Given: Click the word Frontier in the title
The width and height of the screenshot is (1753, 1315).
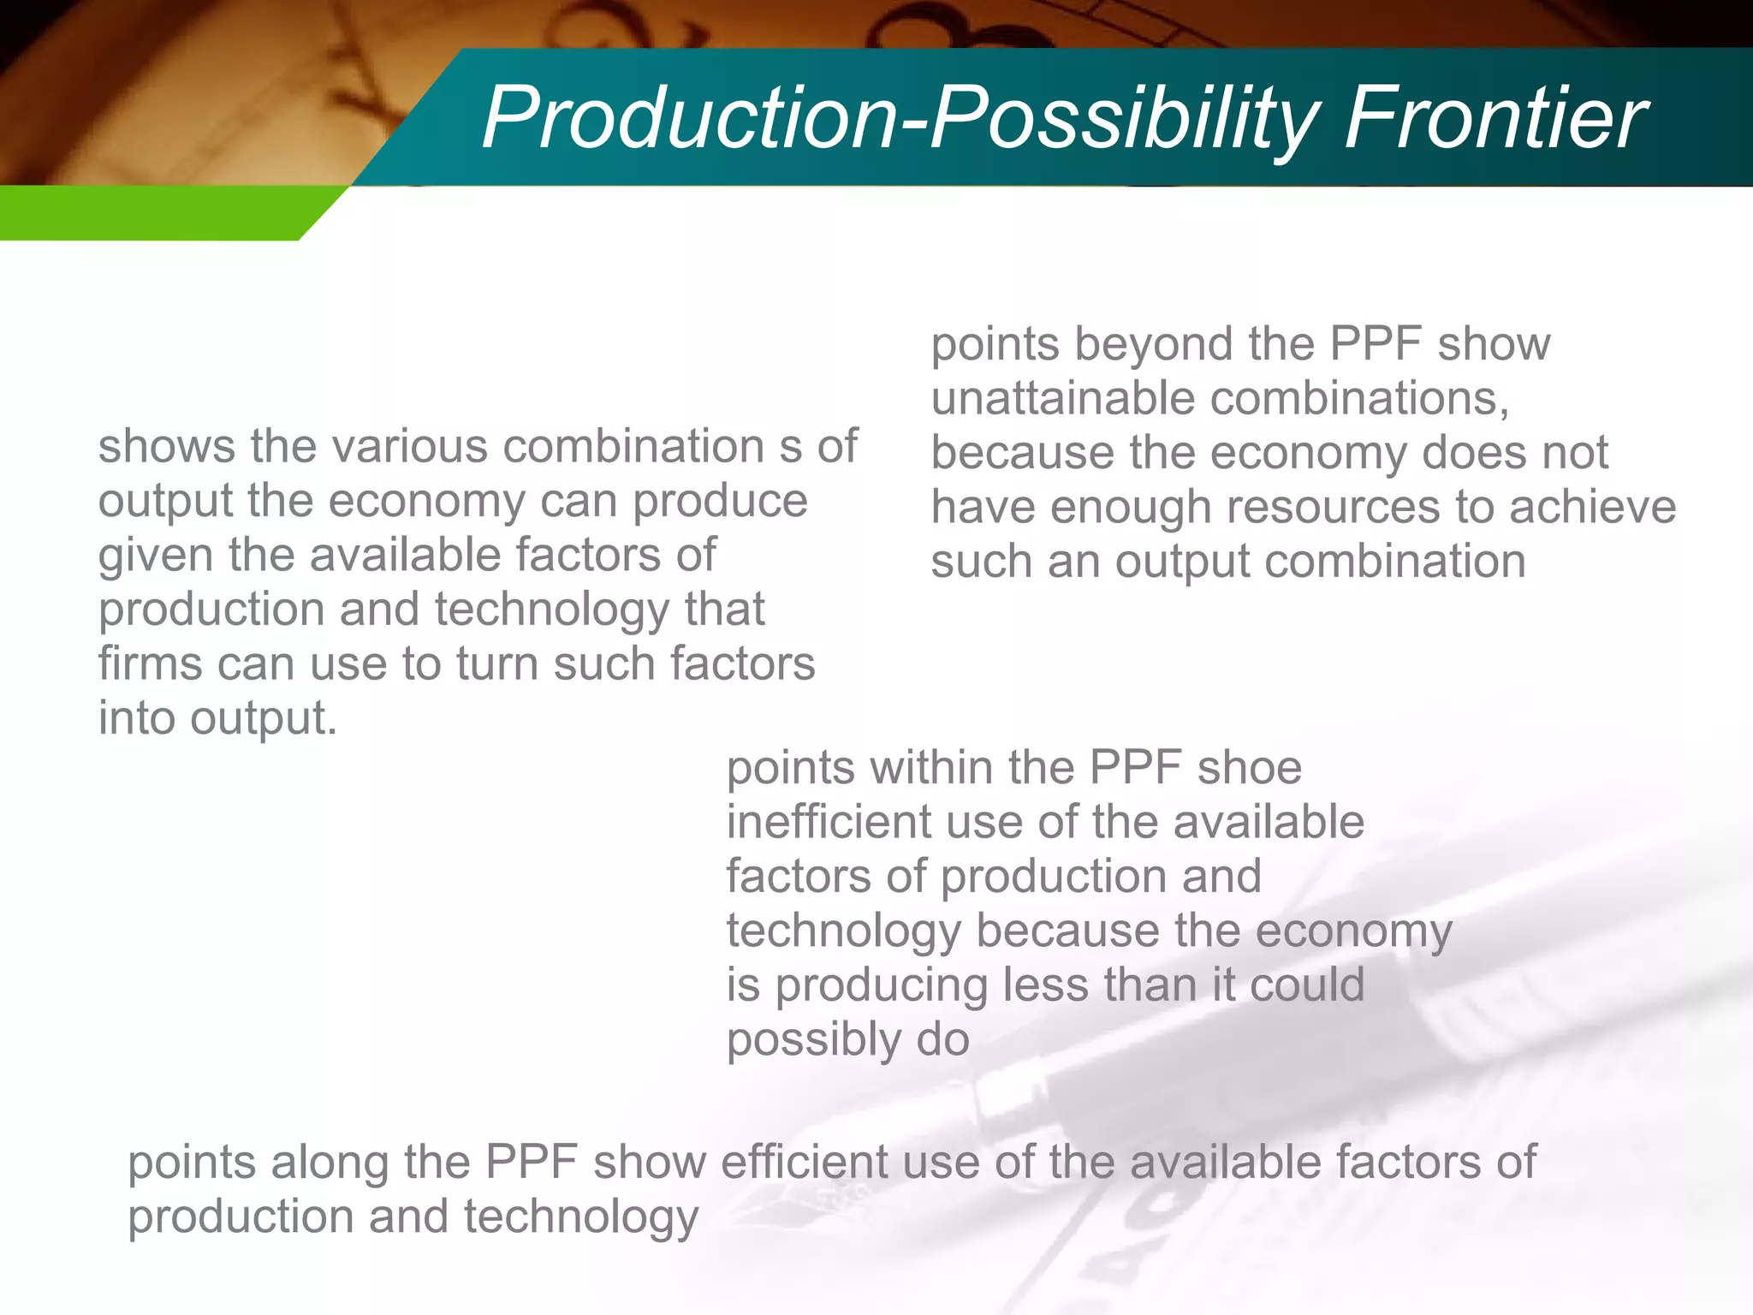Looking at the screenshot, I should pyautogui.click(x=1494, y=117).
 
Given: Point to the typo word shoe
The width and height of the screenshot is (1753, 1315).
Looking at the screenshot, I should pyautogui.click(x=1249, y=767).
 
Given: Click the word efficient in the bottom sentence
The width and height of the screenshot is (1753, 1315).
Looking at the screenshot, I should pyautogui.click(x=801, y=1163).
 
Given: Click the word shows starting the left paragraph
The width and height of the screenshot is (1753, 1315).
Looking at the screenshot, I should pyautogui.click(x=166, y=446).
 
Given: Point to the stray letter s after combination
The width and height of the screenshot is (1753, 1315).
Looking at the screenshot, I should pyautogui.click(x=791, y=448).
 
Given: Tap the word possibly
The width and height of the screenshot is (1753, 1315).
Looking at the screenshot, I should pyautogui.click(x=814, y=1041).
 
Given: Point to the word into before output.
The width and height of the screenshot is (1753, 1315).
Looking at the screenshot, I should pyautogui.click(x=136, y=717).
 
